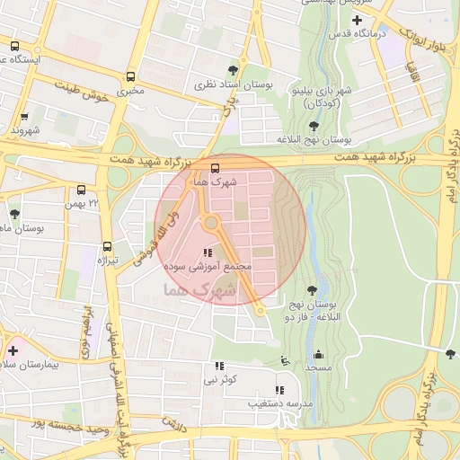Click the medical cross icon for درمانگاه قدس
tap(357, 20)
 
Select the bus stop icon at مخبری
tap(132, 76)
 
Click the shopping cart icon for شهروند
tap(24, 116)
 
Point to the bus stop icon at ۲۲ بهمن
tap(82, 190)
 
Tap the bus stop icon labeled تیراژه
tap(108, 246)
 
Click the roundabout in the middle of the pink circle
tap(212, 223)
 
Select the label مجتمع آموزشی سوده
tap(199, 268)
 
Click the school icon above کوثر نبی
tap(219, 366)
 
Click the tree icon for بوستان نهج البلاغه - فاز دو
tap(312, 289)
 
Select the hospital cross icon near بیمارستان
tap(13, 350)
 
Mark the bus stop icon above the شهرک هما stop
tap(214, 167)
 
